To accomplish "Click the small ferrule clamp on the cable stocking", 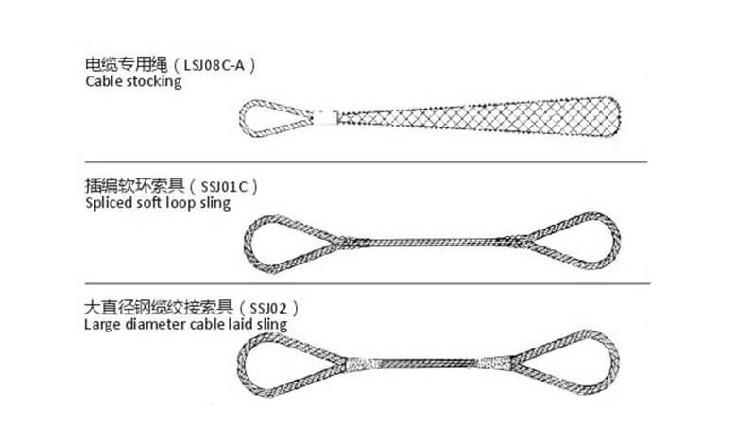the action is [327, 117].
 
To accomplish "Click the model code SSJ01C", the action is [223, 187].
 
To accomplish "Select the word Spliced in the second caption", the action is [107, 203].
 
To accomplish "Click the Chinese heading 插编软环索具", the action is [139, 187].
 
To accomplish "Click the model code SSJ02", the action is [270, 309].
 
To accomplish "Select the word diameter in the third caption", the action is [152, 324].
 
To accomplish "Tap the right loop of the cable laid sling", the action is [567, 364].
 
